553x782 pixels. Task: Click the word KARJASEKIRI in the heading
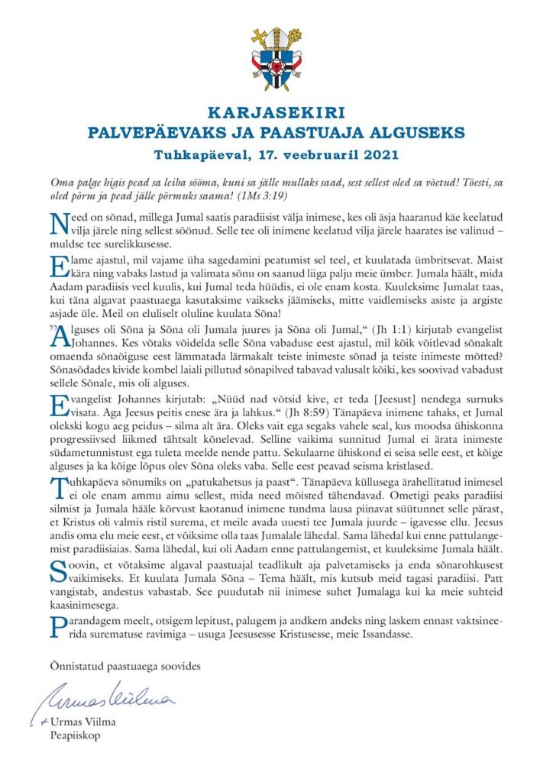tap(276, 115)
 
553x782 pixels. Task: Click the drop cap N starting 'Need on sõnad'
tap(58, 224)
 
